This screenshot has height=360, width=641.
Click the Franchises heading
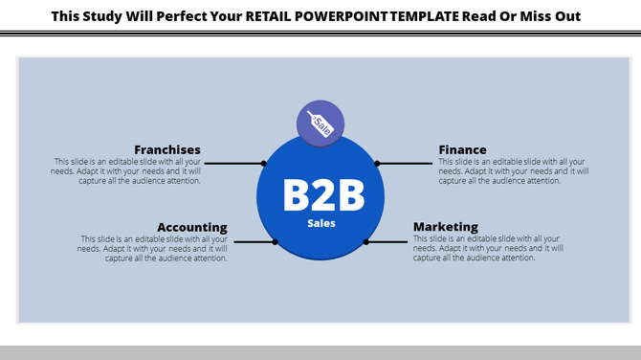point(167,149)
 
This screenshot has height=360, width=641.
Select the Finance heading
point(462,149)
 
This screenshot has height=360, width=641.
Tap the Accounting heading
point(192,227)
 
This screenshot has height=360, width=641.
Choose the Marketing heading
point(445,227)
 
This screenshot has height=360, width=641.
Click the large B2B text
point(322,195)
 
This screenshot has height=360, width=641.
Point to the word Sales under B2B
point(321,223)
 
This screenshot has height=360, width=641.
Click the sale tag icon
point(320,124)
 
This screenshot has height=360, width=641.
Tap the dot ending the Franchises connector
point(263,164)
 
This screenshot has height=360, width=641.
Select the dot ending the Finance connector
point(378,164)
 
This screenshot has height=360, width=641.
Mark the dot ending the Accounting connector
point(276,242)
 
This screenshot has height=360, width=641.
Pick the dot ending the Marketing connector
point(367,242)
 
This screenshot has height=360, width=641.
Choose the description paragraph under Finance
point(514,170)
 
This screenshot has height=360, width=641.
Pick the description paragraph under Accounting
point(153,248)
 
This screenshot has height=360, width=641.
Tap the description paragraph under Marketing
point(488,248)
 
